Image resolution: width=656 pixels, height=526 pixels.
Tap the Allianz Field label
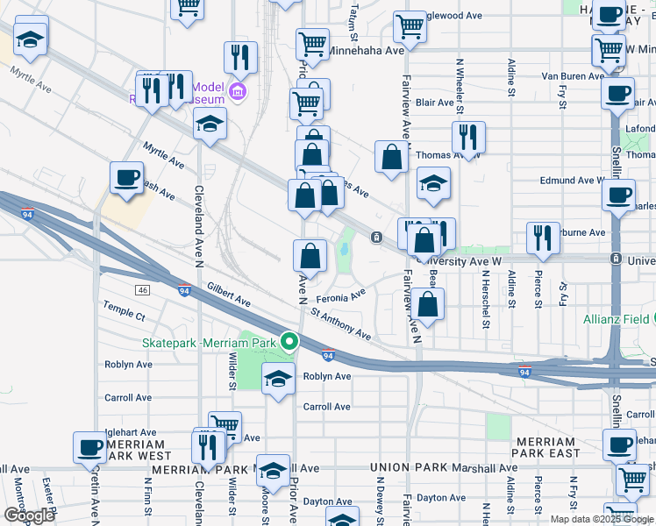coord(619,319)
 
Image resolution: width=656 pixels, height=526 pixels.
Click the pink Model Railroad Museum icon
coord(237,91)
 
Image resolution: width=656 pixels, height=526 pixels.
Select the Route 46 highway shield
coord(142,289)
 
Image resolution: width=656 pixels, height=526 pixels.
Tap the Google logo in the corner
coord(28,515)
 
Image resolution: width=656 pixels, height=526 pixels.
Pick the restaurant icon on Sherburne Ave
coord(543,237)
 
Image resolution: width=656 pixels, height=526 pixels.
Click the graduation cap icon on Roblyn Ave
coord(278,379)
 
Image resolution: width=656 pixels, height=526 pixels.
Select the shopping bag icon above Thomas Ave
coord(391,157)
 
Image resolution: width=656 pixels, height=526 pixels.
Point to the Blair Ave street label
coord(435,103)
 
